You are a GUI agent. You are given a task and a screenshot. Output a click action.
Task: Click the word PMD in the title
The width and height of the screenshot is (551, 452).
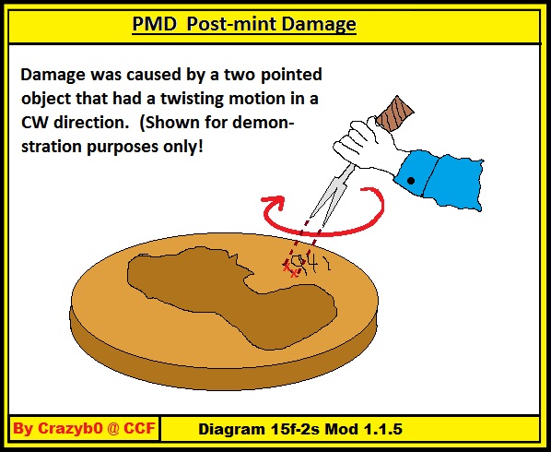154,24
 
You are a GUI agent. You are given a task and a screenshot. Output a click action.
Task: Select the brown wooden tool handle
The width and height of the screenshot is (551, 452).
395,113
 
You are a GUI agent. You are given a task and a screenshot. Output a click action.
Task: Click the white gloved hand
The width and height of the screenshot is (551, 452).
369,145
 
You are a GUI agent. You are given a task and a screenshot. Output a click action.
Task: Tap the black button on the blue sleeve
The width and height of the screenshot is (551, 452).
410,181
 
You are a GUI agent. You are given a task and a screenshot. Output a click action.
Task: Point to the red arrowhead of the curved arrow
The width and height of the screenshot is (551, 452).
274,203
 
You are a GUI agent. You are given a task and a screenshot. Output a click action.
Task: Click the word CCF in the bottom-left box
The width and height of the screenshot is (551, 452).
139,428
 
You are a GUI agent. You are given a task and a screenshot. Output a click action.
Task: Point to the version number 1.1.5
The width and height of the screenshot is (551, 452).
383,429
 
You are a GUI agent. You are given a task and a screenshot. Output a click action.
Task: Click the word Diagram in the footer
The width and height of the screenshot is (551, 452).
232,430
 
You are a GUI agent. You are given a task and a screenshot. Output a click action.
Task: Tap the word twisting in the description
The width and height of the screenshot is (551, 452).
193,100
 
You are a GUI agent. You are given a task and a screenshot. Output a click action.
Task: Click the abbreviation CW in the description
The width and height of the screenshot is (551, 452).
34,123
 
